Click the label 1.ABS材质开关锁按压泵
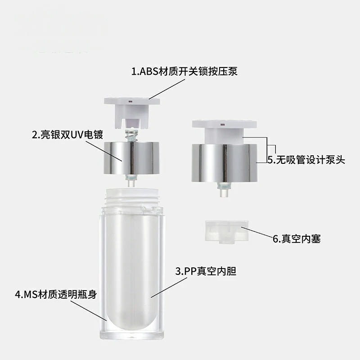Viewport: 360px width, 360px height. [184, 71]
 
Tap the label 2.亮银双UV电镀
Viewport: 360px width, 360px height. [67, 135]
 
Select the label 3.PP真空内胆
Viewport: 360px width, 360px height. [206, 271]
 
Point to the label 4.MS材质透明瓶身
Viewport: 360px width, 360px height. [56, 294]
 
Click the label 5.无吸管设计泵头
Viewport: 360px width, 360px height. [306, 160]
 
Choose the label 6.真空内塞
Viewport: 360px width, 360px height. [297, 238]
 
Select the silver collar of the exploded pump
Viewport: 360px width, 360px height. [131, 158]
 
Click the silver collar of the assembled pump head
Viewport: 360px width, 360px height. [225, 163]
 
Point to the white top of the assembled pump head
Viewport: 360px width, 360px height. [224, 131]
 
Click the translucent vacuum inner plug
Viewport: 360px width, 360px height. [227, 231]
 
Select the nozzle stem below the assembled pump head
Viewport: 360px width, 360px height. [224, 189]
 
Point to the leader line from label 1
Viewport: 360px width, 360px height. [167, 89]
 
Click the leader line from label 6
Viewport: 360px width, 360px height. [257, 232]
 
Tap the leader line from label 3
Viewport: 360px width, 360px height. [169, 288]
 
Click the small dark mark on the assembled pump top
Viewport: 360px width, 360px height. [222, 125]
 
